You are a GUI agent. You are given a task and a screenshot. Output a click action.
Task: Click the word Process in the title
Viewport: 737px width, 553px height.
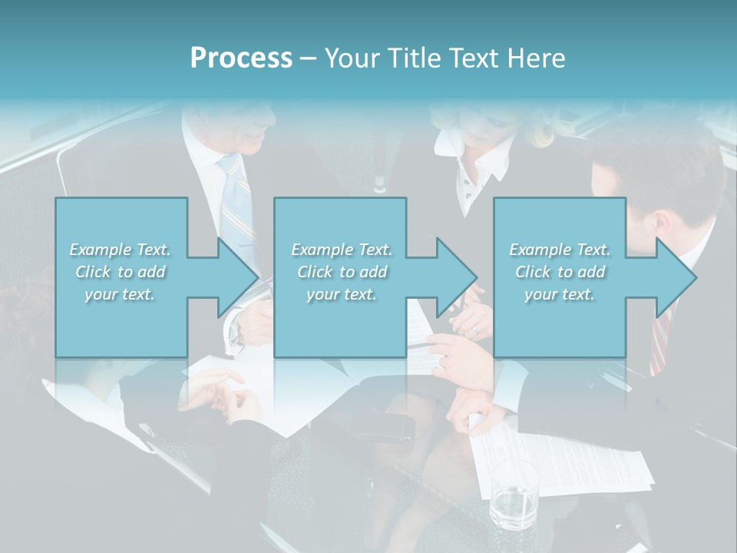(x=241, y=58)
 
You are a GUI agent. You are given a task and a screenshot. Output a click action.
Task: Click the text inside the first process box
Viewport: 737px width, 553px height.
(x=120, y=272)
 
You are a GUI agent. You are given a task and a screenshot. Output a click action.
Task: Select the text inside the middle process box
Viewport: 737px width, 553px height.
(x=341, y=272)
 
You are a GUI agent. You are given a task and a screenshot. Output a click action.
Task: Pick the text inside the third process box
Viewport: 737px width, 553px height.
(x=560, y=272)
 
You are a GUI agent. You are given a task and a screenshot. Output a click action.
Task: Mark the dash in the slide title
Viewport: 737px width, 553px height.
(x=308, y=58)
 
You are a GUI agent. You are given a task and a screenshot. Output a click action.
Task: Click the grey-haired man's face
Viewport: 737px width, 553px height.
(x=253, y=131)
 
